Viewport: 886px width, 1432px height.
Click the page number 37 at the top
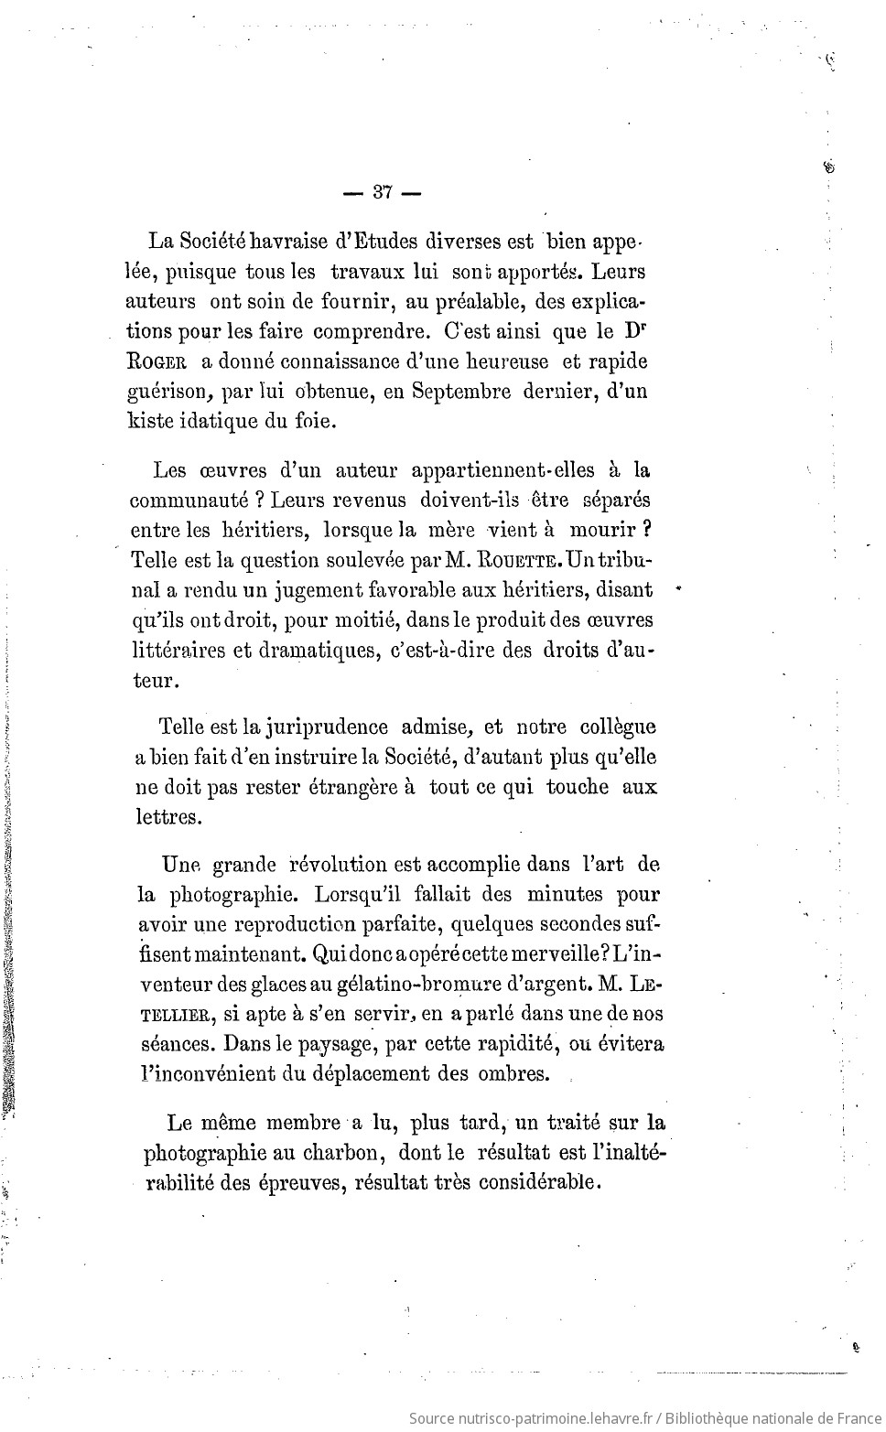[383, 192]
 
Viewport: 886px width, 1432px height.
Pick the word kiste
[150, 421]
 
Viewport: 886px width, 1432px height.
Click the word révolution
[338, 864]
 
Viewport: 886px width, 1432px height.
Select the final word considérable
[538, 1181]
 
